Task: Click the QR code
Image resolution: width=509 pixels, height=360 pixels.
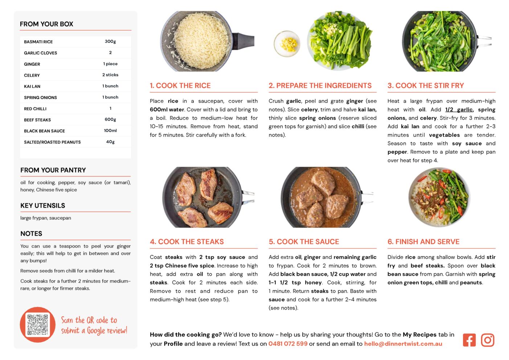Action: (38, 324)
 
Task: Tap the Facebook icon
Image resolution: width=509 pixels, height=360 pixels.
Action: (469, 340)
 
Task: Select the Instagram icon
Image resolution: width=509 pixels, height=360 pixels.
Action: (488, 340)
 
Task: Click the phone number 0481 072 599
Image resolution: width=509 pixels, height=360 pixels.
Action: (288, 344)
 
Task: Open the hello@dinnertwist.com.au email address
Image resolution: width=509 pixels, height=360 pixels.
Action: (403, 344)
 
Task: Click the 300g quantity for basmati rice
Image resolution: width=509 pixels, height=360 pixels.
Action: (110, 41)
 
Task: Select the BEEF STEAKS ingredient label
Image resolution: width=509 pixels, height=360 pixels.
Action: (37, 120)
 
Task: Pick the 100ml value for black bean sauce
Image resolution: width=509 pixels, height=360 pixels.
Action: (110, 130)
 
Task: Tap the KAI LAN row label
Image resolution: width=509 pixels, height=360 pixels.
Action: (32, 86)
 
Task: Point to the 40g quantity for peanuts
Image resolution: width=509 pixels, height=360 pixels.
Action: (110, 142)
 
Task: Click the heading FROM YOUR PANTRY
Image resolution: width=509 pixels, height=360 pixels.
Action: (53, 170)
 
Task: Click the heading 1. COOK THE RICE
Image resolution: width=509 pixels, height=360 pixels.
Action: (180, 85)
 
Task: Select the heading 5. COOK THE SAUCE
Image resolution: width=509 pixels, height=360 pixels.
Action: (304, 242)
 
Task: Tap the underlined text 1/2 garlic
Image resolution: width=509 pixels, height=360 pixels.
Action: (459, 110)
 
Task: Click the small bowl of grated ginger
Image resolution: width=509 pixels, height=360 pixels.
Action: (287, 44)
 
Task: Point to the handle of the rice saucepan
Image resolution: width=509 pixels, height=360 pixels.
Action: (243, 41)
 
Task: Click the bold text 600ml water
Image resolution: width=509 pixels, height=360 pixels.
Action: (167, 110)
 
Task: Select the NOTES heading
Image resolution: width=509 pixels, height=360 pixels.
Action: (31, 234)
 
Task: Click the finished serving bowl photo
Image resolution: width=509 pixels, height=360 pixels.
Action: (439, 197)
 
